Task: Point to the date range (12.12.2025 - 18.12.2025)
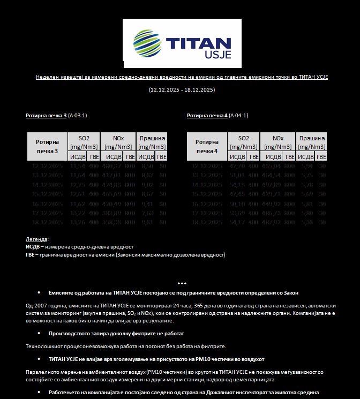(182, 89)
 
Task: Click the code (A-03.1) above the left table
(78, 115)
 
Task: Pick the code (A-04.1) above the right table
(238, 115)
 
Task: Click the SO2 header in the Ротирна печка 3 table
(84, 138)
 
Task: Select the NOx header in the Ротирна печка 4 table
(277, 138)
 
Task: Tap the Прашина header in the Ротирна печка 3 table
(153, 138)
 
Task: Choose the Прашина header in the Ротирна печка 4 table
(312, 138)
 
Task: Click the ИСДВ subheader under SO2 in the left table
(78, 157)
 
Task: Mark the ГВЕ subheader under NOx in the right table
(290, 157)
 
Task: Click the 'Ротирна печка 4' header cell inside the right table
(207, 146)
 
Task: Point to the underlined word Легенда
(36, 239)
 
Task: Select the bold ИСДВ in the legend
(32, 246)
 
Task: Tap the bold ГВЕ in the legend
(31, 254)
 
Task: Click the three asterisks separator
(182, 283)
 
